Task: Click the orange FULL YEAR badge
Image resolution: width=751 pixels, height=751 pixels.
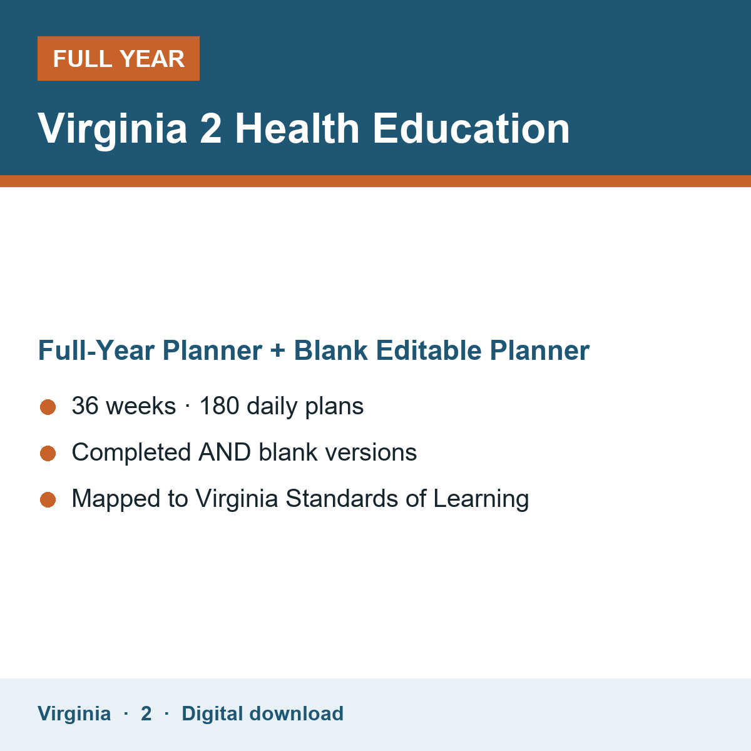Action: [x=118, y=58]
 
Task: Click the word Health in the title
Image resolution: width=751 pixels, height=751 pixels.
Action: [x=297, y=129]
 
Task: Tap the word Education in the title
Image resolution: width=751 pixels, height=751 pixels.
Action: [x=471, y=129]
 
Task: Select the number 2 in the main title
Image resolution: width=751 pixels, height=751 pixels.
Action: [x=211, y=129]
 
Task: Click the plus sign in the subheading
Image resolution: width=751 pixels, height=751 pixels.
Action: [x=278, y=350]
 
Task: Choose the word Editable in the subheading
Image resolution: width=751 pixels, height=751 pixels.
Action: [x=428, y=350]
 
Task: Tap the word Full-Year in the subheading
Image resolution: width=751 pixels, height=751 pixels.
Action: [x=96, y=350]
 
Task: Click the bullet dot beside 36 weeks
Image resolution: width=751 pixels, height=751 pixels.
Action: [x=48, y=407]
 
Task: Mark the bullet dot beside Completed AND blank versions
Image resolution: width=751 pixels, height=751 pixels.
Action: [x=48, y=454]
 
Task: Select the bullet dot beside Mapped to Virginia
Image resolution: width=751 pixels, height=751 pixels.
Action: [x=48, y=500]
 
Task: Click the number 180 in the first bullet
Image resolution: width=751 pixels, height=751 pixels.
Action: [x=220, y=406]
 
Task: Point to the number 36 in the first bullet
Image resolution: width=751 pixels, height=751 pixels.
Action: [x=85, y=406]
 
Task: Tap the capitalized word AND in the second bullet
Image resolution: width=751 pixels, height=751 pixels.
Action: [x=225, y=452]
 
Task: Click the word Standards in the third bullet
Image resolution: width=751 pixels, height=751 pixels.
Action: [x=342, y=498]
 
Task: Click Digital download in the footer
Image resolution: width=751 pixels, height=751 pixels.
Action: [x=262, y=713]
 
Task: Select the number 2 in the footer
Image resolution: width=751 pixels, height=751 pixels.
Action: [x=146, y=713]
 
